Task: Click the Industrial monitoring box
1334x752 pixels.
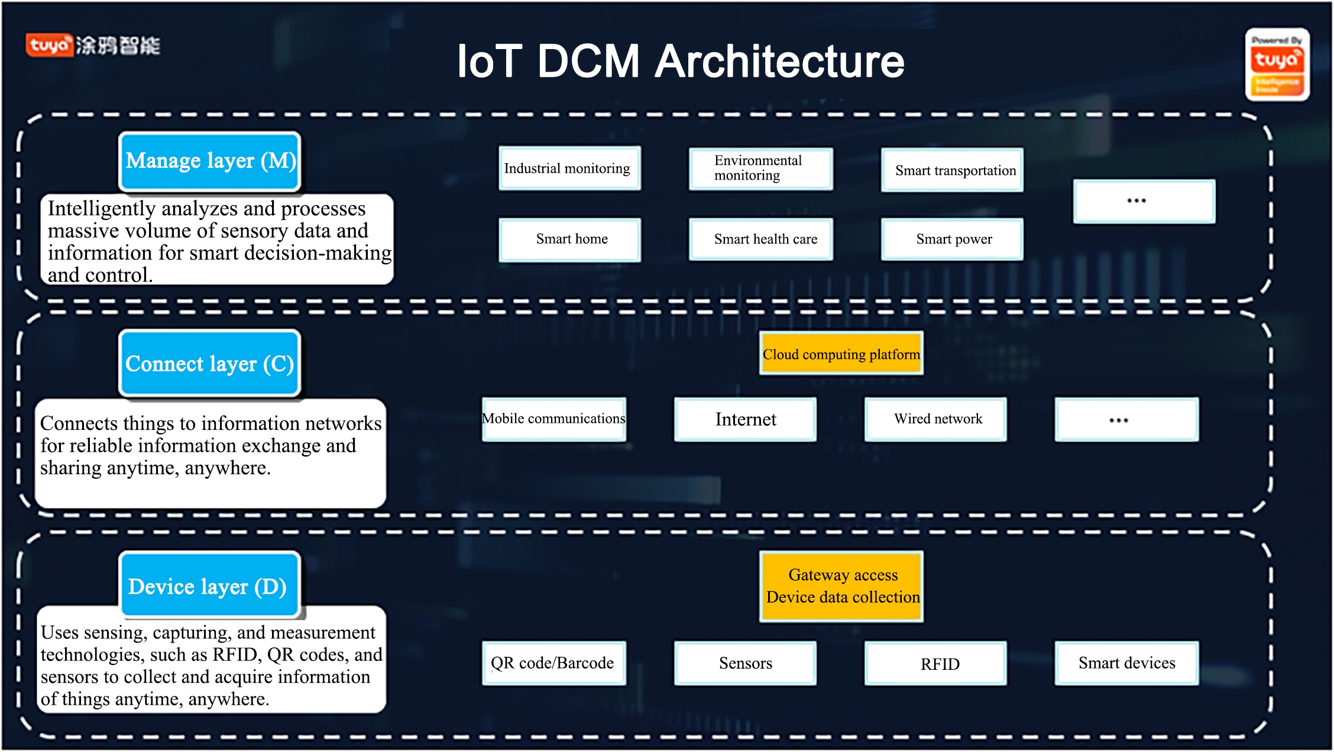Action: click(569, 168)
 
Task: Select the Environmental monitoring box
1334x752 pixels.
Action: click(760, 168)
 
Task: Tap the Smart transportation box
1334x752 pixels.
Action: click(952, 170)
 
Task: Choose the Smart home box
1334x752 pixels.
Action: click(569, 239)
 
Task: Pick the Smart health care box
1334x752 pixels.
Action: click(760, 239)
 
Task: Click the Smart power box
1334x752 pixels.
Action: click(952, 239)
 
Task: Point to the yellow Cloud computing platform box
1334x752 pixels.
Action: click(841, 354)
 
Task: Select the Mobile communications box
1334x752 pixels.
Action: click(554, 419)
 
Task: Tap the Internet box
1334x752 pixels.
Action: click(745, 419)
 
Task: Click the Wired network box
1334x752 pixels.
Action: click(935, 419)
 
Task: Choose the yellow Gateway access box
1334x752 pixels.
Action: click(841, 586)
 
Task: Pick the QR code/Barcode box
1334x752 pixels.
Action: click(554, 663)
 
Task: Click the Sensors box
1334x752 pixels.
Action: click(745, 663)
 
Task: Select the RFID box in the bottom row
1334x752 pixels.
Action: click(935, 663)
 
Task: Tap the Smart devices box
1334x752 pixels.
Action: click(1126, 663)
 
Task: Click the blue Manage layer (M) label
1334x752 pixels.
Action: click(210, 161)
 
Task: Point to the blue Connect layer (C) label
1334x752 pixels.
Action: click(210, 364)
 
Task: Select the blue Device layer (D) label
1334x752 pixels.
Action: click(210, 586)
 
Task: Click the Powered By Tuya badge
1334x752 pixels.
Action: click(1277, 64)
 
